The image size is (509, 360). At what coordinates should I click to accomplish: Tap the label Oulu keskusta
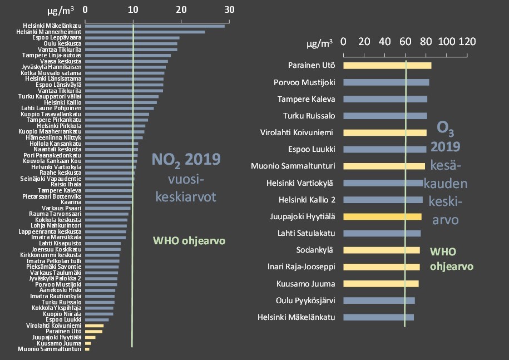click(x=63, y=43)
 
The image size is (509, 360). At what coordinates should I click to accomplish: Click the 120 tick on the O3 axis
click(x=467, y=42)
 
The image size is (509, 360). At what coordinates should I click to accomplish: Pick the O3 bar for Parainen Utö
click(x=387, y=66)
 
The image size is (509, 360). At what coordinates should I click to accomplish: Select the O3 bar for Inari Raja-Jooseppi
click(x=382, y=267)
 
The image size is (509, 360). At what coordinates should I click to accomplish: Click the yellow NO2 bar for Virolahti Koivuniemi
click(x=95, y=326)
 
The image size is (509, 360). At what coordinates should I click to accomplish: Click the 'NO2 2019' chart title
click(x=186, y=160)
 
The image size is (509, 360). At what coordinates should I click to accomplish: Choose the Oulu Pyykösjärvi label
click(x=305, y=300)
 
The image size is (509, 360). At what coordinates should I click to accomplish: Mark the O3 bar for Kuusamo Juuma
click(x=381, y=284)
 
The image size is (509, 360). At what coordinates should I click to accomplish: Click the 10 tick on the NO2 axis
click(x=133, y=9)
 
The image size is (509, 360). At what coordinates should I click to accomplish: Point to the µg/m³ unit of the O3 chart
click(x=320, y=42)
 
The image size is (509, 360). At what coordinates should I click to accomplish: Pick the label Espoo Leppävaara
click(x=57, y=38)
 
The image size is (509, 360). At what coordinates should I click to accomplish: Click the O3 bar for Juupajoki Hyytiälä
click(x=382, y=216)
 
